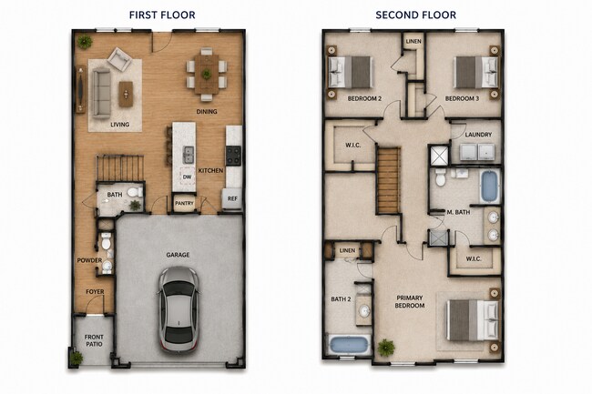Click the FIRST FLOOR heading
point(162,15)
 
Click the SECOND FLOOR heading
point(415,15)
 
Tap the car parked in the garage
point(179,309)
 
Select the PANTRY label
point(184,203)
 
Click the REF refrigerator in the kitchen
point(232,198)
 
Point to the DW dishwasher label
point(187,177)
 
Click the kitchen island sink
point(189,155)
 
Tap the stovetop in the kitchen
point(233,156)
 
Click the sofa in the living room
point(102,93)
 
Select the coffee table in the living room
point(126,94)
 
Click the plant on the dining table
point(206,74)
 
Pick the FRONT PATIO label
point(94,340)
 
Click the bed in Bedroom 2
point(351,72)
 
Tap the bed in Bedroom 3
point(476,72)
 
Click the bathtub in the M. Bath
point(489,187)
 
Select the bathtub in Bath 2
point(349,345)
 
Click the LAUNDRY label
point(478,135)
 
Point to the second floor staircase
point(389,180)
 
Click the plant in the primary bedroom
point(386,348)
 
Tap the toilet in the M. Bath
point(440,177)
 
